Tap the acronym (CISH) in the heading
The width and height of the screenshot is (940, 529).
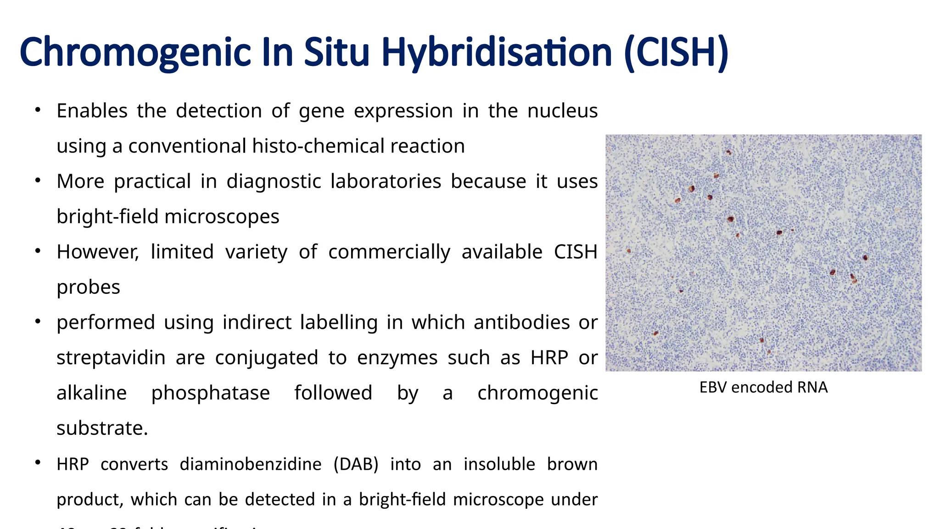[x=676, y=52]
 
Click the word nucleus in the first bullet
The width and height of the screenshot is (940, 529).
[x=562, y=111]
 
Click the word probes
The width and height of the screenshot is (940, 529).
[x=88, y=287]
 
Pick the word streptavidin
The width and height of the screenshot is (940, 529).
[x=111, y=358]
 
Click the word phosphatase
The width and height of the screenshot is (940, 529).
[x=210, y=393]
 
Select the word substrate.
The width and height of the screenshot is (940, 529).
[x=102, y=428]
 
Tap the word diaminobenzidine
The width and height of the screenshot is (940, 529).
[x=250, y=464]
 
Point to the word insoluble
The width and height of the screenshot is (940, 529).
[x=499, y=464]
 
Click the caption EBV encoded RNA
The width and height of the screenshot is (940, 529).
[x=763, y=387]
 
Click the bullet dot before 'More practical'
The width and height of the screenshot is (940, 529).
[x=38, y=180]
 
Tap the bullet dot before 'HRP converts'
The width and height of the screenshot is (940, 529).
[x=38, y=462]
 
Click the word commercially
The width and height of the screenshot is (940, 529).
[x=389, y=252]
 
